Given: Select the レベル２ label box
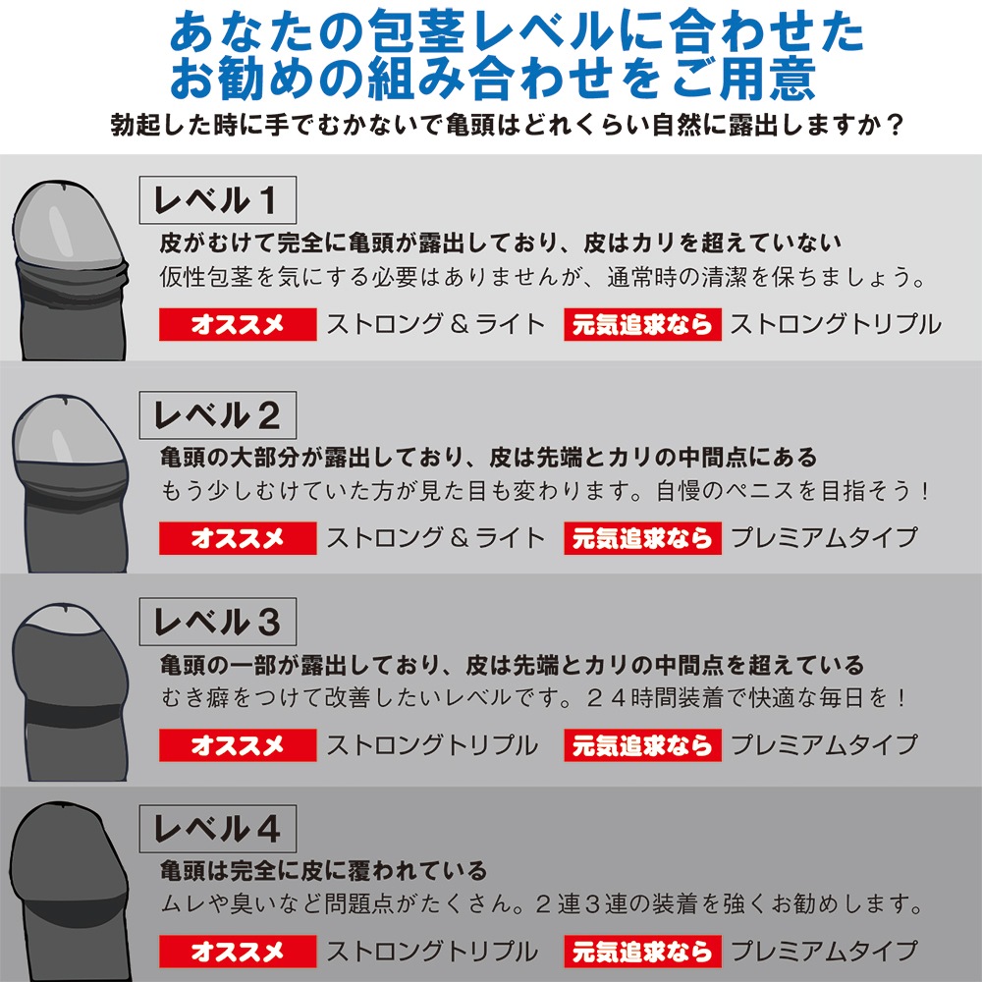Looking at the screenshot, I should [217, 414].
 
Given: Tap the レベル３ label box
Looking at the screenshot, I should [217, 622].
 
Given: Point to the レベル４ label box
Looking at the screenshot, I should [217, 830].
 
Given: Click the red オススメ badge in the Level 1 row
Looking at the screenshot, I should [238, 325].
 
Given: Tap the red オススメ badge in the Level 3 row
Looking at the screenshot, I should [238, 745].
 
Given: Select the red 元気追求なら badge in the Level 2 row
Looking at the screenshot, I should [642, 538].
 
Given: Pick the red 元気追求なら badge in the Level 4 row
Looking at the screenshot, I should [642, 952].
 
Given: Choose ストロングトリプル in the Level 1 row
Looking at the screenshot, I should [835, 325].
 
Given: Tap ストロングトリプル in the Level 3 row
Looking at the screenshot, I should [432, 745].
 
